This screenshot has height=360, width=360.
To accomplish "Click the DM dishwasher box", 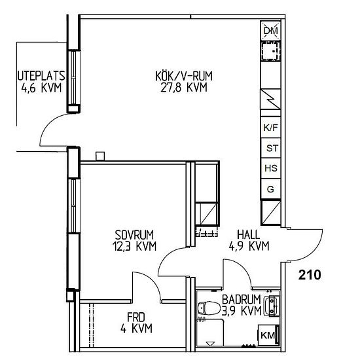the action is tap(271, 31).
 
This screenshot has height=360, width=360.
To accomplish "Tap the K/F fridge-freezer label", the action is tap(271, 128).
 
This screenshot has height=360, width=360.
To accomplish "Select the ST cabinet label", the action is tap(272, 148).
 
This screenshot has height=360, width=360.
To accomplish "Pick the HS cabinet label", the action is tap(271, 168).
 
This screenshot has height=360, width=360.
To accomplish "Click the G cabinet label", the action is tap(270, 189).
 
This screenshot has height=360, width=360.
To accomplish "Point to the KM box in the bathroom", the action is tap(268, 335).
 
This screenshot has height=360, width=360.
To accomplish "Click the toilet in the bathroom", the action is tap(208, 308).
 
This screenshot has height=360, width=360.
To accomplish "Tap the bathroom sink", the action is tap(271, 306).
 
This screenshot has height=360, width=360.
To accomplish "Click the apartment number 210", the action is tap(310, 275).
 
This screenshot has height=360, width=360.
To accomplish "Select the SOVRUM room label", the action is tap(134, 235).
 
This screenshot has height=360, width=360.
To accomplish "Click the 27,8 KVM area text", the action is tap(184, 87).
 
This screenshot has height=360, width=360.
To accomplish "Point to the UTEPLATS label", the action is tap(41, 75).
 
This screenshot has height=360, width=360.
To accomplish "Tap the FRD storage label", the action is tap(136, 317).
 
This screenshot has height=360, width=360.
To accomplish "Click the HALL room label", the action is tap(249, 234).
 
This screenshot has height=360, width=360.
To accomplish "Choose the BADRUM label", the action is tap(242, 299).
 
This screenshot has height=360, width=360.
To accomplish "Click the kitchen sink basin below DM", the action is tap(271, 52).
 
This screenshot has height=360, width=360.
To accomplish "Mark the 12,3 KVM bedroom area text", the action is tap(134, 246).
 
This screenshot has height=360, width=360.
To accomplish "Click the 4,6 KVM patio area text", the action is tap(41, 88).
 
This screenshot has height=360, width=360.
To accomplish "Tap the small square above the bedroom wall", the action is tap(100, 156).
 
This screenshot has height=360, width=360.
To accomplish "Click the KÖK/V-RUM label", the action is tap(184, 76).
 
